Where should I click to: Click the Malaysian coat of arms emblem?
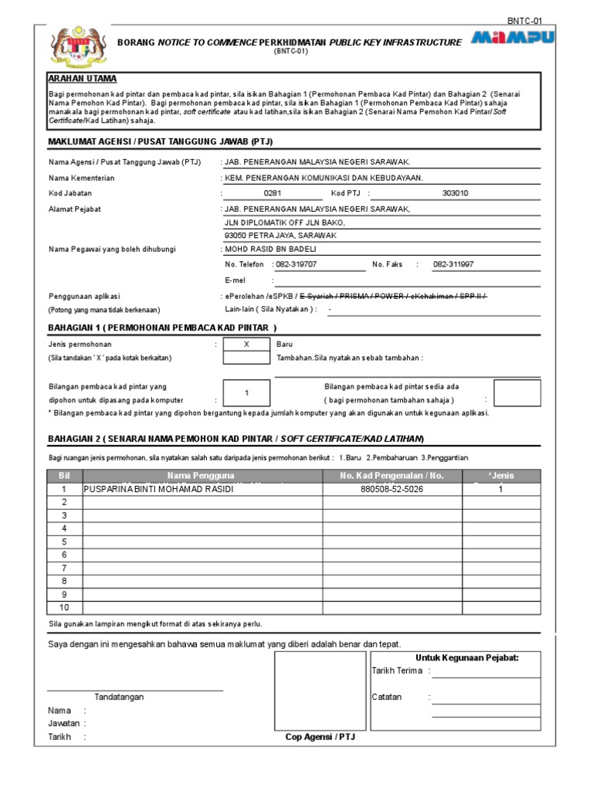click(72, 47)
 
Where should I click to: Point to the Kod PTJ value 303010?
click(455, 194)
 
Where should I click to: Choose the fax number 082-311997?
click(453, 264)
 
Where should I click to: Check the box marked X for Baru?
click(246, 344)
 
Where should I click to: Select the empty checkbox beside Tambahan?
click(246, 358)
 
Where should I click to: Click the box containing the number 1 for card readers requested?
click(246, 393)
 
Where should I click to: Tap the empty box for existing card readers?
click(517, 393)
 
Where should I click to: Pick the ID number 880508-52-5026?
click(391, 490)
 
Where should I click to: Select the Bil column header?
click(64, 476)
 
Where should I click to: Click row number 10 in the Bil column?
click(64, 606)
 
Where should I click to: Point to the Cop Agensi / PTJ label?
click(320, 737)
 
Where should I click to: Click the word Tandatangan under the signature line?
click(119, 697)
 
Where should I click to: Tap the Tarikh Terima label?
click(397, 670)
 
